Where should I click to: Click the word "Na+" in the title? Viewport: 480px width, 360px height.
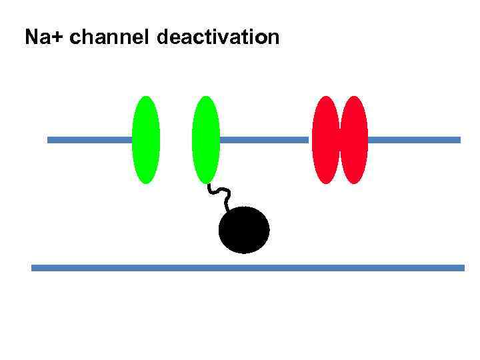pos(45,37)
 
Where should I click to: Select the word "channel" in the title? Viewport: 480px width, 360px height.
pos(109,37)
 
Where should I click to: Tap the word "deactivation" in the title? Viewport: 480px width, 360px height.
pos(219,37)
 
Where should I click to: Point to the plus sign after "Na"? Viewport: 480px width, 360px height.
pos(59,38)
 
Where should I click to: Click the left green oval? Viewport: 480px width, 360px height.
pos(146,139)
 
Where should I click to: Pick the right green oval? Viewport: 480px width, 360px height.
pos(205,139)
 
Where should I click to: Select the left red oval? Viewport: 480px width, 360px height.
pos(326,139)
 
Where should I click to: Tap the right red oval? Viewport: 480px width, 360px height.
pos(354,139)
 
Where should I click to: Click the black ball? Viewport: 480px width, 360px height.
pos(244,230)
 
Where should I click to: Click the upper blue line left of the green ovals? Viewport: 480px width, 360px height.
pos(89,140)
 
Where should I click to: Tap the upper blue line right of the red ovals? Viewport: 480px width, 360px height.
pos(413,140)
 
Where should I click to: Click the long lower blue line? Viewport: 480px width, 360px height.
pos(247,268)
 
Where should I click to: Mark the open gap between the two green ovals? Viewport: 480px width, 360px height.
pos(176,139)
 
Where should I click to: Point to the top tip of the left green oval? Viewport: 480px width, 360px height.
pos(146,97)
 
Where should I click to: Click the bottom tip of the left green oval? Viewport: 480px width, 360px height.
pos(146,182)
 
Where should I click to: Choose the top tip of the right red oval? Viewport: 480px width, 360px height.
pos(354,97)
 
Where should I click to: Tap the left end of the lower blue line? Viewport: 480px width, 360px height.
pos(33,268)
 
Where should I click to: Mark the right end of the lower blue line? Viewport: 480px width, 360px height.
pos(462,268)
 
